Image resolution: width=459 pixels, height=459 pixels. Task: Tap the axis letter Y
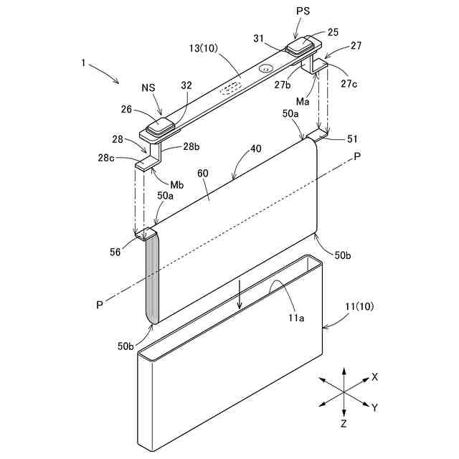coord(374,407)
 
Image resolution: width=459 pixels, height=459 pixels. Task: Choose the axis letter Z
coord(344,425)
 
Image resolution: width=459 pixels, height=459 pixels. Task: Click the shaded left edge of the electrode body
coord(151,279)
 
